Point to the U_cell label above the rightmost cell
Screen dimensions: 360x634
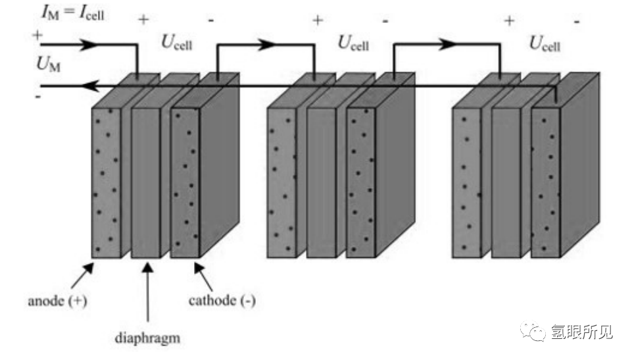[545, 44]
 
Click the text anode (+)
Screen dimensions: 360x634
[58, 301]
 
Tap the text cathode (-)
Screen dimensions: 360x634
[222, 301]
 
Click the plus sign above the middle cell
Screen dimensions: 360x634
[318, 20]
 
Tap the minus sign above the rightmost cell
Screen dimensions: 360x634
[577, 22]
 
